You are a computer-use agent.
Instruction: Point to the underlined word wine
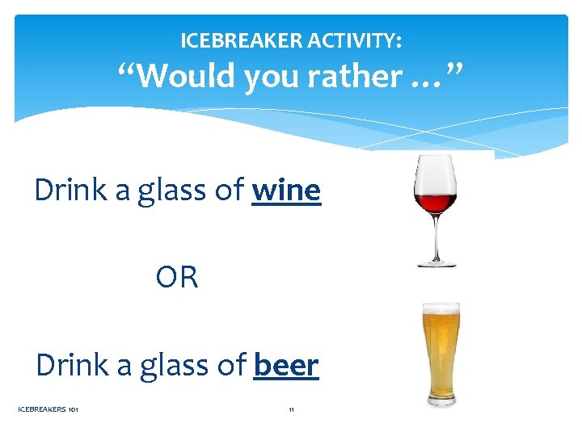point(286,191)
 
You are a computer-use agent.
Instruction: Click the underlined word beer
point(286,365)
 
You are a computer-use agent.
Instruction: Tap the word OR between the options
point(177,278)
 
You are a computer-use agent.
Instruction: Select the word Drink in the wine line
point(71,191)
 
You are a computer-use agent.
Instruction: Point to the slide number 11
point(291,409)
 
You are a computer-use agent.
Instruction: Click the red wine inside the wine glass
point(435,202)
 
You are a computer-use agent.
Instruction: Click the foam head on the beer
point(441,310)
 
